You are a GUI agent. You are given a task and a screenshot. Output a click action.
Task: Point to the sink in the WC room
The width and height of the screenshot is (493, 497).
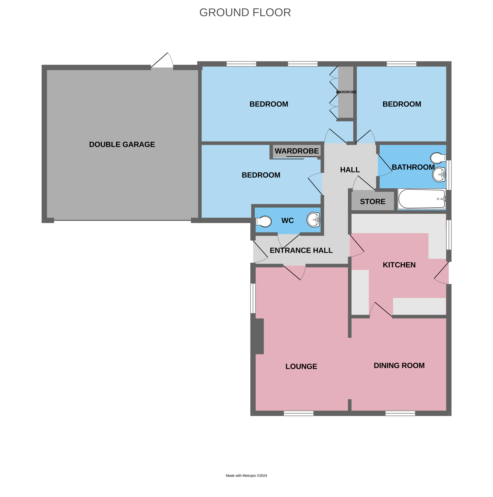pyautogui.click(x=313, y=220)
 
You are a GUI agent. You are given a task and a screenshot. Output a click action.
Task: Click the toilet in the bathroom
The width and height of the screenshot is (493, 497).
pyautogui.click(x=438, y=158)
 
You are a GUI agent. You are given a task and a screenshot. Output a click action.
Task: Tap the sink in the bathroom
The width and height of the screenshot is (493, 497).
pyautogui.click(x=439, y=175)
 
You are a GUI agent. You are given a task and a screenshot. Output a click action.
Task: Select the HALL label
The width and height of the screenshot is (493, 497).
pyautogui.click(x=350, y=170)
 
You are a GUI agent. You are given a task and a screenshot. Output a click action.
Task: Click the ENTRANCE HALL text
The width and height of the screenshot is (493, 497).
pyautogui.click(x=301, y=250)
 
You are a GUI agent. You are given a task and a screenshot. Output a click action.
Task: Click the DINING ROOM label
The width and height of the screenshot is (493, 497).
pyautogui.click(x=399, y=366)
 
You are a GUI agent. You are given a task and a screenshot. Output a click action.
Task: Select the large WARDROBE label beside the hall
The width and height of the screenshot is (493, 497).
pyautogui.click(x=297, y=151)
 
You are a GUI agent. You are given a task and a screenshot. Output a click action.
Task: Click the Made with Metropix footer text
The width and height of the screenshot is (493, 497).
pyautogui.click(x=246, y=476)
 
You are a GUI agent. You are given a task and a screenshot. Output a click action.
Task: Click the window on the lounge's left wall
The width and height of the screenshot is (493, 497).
pyautogui.click(x=253, y=298)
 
